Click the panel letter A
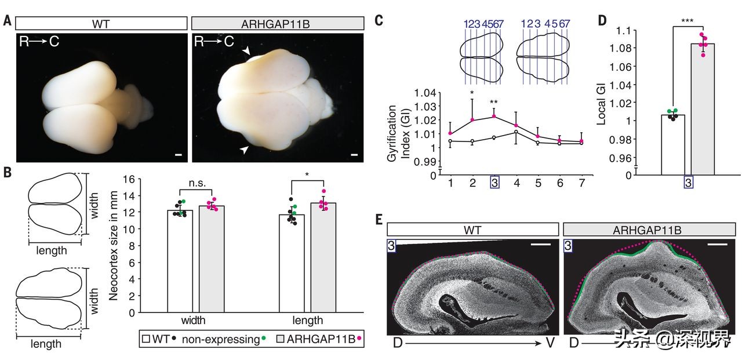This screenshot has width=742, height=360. [7, 22]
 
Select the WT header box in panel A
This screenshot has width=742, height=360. [101, 24]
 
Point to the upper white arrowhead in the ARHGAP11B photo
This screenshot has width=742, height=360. [247, 52]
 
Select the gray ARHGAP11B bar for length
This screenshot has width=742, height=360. [323, 257]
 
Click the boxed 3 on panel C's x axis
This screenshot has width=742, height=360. [494, 182]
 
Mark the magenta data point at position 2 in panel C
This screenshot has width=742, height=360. [472, 120]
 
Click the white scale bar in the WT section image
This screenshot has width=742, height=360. [540, 245]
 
